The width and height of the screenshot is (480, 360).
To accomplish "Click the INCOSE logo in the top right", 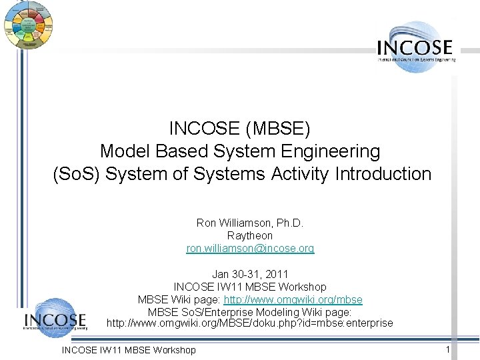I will [416, 47].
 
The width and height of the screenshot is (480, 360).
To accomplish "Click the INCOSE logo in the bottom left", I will [55, 320].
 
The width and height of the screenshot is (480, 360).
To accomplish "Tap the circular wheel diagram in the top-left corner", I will [28, 25].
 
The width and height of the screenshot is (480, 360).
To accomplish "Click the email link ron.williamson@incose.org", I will [250, 248].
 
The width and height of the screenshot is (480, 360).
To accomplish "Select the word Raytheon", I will [250, 235].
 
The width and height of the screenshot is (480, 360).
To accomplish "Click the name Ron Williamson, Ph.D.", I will [250, 223].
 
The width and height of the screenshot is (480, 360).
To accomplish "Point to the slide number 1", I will [448, 349].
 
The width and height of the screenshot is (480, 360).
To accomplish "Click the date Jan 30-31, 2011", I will [250, 273].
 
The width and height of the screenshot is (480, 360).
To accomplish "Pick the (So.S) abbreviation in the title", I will [77, 174].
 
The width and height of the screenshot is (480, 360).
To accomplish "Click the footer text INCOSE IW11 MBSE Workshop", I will [129, 349].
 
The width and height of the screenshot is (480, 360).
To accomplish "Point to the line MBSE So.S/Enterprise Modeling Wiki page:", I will [250, 311].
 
